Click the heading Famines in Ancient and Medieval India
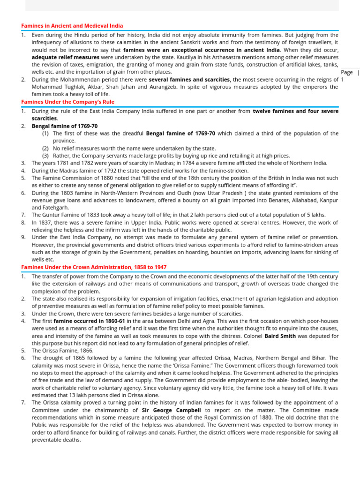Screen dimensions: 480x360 click(x=72, y=26)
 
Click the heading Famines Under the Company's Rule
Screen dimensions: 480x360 click(x=67, y=102)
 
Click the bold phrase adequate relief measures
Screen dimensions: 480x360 click(x=65, y=57)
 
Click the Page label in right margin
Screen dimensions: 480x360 click(x=347, y=73)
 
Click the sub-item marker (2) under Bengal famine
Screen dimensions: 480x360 click(x=45, y=148)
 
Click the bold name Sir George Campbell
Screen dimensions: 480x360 click(x=171, y=410)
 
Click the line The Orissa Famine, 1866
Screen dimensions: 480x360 click(x=62, y=351)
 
